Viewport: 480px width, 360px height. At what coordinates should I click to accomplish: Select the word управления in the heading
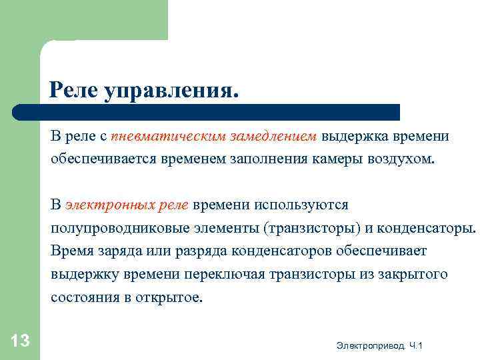pyautogui.click(x=170, y=89)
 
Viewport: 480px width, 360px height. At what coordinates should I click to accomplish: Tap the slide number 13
pyautogui.click(x=21, y=341)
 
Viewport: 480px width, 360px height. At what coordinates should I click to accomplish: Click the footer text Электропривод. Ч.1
pyautogui.click(x=380, y=345)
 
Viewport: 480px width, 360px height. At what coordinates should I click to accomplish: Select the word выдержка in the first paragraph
pyautogui.click(x=354, y=137)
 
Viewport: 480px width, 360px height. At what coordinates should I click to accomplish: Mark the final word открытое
pyautogui.click(x=168, y=297)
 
